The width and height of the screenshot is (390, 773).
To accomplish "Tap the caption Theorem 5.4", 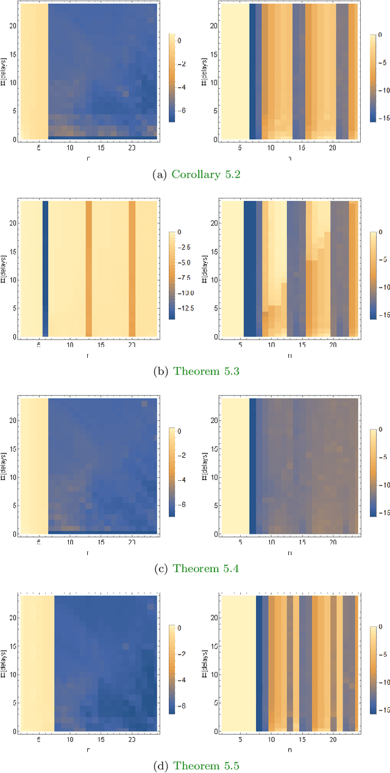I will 206,568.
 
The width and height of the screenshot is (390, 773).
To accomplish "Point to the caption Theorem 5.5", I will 206,766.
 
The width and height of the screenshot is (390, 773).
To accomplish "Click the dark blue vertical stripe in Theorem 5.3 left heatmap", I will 45,268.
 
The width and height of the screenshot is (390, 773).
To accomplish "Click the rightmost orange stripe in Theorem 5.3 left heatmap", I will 132,268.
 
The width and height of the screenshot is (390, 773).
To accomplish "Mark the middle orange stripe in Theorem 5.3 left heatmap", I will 88,268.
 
